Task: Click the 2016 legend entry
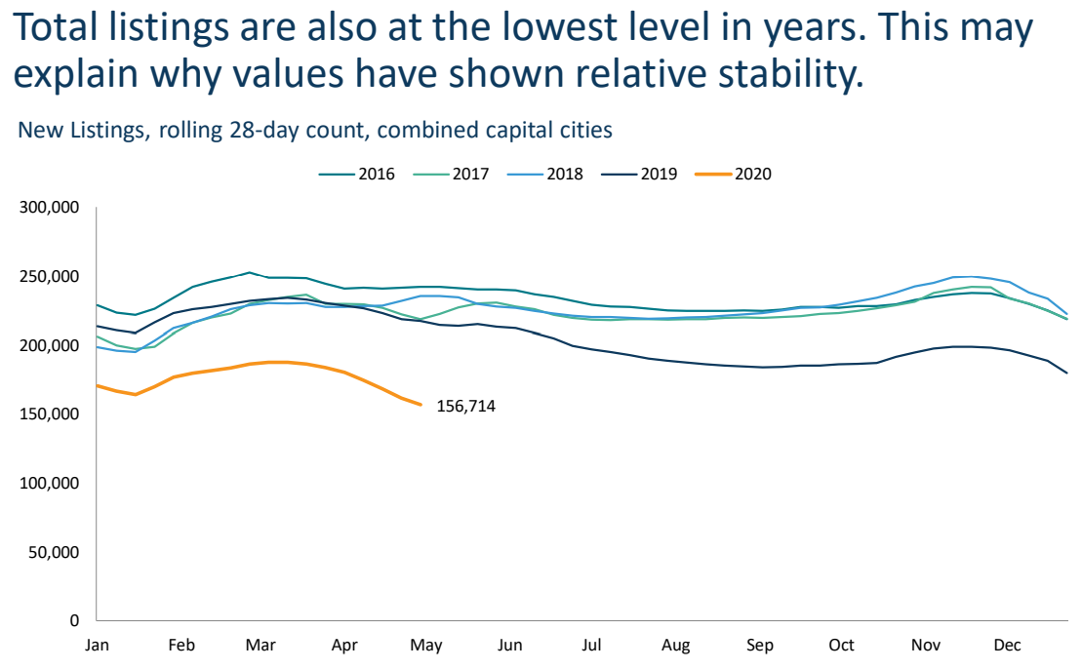(x=357, y=174)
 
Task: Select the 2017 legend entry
(x=452, y=174)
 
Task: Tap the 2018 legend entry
(x=545, y=174)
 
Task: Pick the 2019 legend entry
(x=639, y=174)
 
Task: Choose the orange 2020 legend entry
(x=733, y=174)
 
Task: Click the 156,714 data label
(x=465, y=407)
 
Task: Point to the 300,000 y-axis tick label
(x=50, y=207)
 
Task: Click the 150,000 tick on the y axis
(x=50, y=414)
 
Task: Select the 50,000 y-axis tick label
(x=54, y=552)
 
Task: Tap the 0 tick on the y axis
(x=74, y=620)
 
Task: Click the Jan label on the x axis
(x=97, y=646)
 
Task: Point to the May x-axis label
(x=425, y=646)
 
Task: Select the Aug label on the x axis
(x=675, y=646)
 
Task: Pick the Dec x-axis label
(x=1007, y=646)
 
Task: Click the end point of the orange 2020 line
(x=421, y=405)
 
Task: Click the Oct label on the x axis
(x=841, y=646)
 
